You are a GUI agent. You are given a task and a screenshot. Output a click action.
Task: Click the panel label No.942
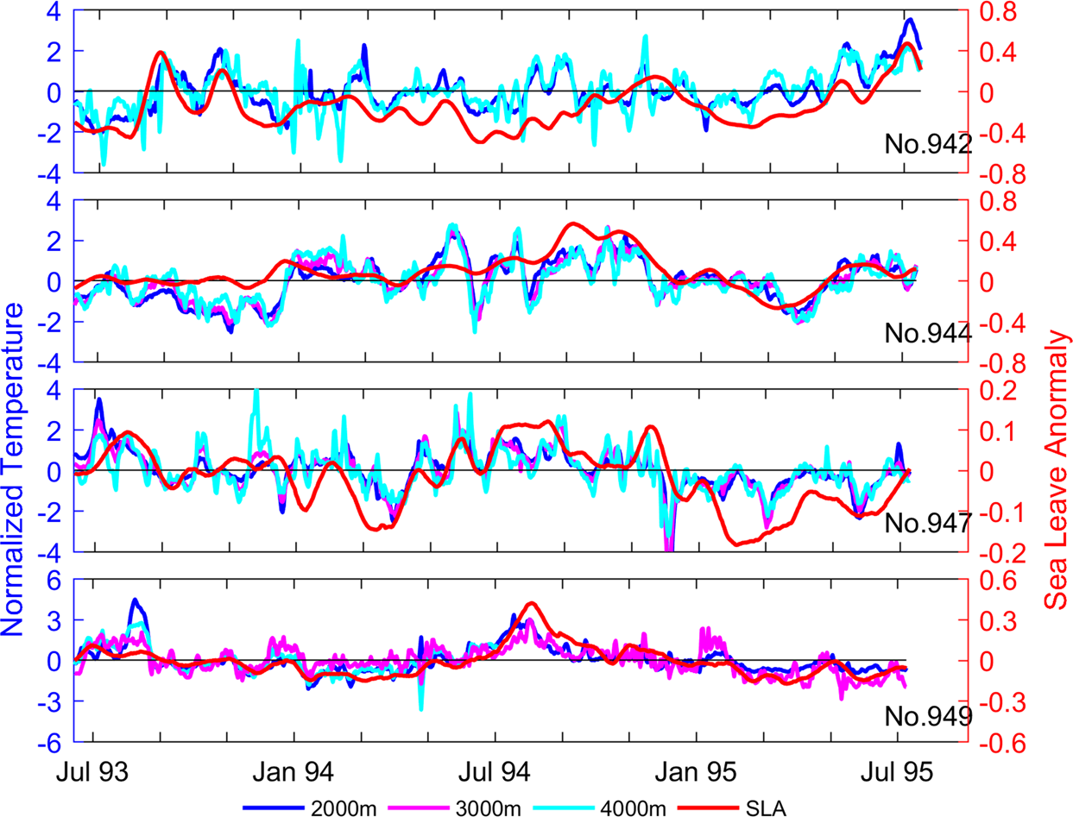(x=928, y=144)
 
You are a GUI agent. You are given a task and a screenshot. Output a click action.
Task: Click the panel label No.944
(x=928, y=333)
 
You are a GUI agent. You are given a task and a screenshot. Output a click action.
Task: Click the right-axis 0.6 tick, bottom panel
(x=991, y=580)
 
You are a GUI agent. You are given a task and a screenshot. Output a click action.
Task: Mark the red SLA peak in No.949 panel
(x=531, y=604)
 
